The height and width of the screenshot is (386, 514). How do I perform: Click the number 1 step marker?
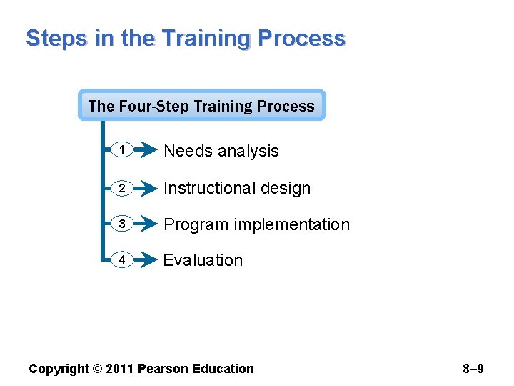122,150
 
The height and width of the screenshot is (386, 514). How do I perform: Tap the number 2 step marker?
122,187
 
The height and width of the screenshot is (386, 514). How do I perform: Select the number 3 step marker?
122,224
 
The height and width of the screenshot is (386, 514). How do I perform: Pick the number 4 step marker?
122,260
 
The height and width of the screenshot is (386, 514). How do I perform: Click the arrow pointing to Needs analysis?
146,150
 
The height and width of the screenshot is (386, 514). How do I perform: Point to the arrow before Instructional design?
146,187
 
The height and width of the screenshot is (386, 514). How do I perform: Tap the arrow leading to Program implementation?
146,224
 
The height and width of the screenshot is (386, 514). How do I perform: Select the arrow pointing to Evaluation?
146,260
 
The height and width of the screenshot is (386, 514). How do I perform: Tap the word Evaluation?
203,260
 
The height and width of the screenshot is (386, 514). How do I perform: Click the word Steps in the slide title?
57,38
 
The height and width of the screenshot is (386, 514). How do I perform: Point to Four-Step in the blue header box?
152,106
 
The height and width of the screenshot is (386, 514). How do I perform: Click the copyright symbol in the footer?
96,369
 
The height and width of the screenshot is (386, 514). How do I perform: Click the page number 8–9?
473,369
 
